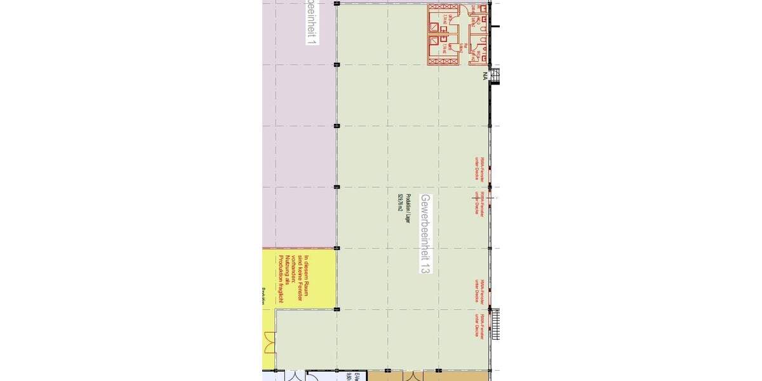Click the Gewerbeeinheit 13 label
pos(425,234)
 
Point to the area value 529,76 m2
pos(401,210)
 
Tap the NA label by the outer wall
pos(485,76)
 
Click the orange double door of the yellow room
pos(270,344)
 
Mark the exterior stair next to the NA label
pos(496,76)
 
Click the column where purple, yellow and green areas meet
pos(337,248)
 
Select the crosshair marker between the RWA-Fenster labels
pos(475,197)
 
